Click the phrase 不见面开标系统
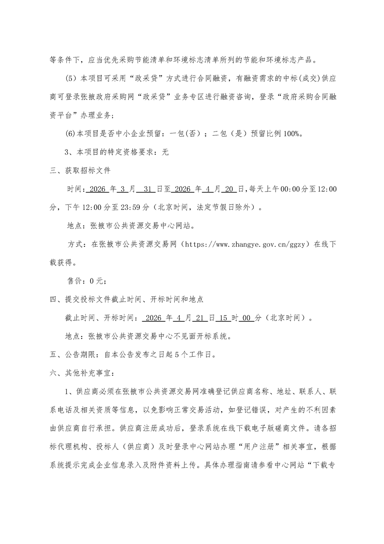pyautogui.click(x=200, y=336)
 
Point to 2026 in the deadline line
pyautogui.click(x=153, y=319)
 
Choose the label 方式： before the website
pyautogui.click(x=76, y=245)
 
